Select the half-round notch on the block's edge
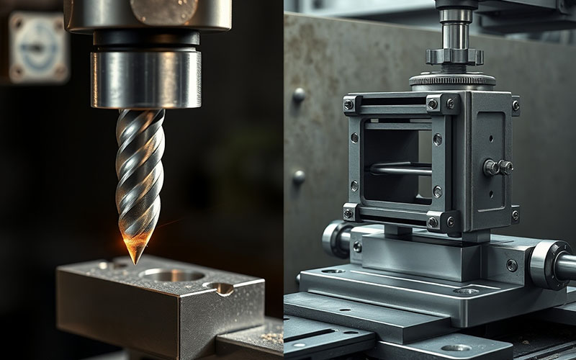click(220, 288)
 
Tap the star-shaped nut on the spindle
click(453, 56)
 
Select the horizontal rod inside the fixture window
click(400, 169)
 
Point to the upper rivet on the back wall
click(300, 94)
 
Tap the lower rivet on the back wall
click(299, 176)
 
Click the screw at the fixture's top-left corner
click(349, 104)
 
